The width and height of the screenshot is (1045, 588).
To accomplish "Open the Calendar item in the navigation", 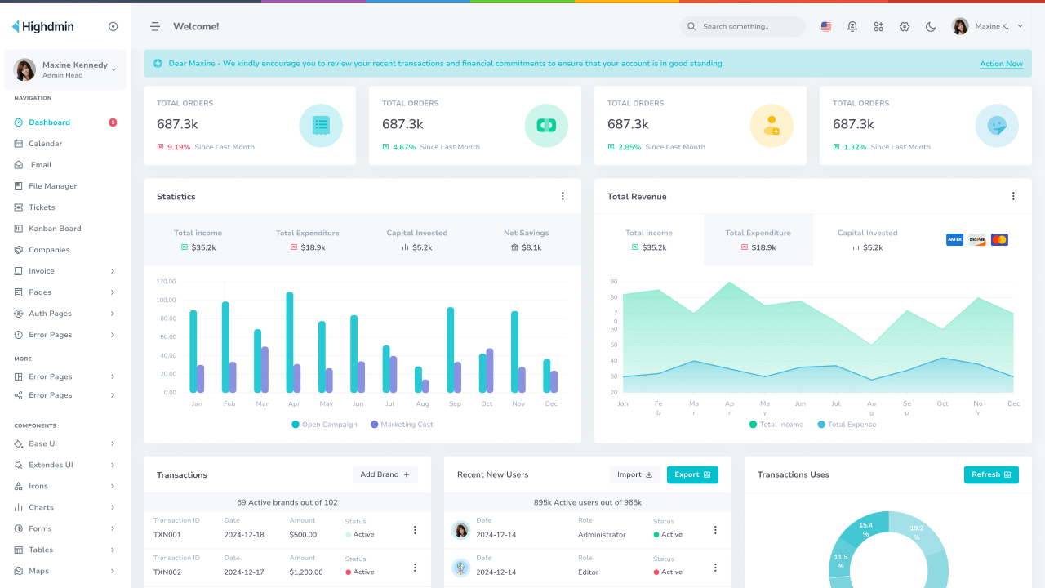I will coord(45,144).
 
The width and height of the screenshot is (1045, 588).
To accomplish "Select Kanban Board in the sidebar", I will coord(55,229).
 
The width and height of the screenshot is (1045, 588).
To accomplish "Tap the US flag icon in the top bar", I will coord(826,26).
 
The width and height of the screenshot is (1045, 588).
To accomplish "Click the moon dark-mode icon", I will coord(931,26).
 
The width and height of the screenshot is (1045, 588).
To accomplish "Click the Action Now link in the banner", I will coord(1001,64).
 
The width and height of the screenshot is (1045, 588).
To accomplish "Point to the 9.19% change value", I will coord(179,147).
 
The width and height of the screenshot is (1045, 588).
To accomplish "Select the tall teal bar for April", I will coord(290,342).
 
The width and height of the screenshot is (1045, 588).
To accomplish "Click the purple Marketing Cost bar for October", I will coord(490,370).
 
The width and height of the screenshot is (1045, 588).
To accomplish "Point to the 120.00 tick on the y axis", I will coord(167,281).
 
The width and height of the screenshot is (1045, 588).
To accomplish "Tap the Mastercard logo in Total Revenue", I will coord(999,240).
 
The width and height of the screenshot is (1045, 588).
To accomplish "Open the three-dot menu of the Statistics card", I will coord(563,196).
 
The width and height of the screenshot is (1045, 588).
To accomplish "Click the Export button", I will coord(692,474).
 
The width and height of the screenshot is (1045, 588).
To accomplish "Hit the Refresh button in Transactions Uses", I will coord(991,474).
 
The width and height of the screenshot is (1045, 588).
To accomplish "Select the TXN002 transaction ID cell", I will coord(167,572).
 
